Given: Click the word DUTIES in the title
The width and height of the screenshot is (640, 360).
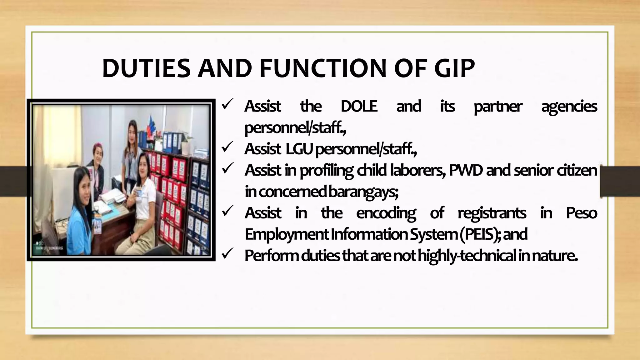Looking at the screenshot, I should pos(146,68).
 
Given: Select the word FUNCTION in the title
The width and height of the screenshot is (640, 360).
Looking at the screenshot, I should pos(323,68).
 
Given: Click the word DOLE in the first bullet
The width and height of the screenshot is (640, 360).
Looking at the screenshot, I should pos(359,106).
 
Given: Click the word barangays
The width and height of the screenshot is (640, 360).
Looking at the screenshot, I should pos(363,192).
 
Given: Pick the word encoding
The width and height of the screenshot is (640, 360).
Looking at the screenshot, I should pos(386,213).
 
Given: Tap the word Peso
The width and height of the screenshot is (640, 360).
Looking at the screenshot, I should pos(581,213).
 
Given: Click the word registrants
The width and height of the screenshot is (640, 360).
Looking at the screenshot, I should pos(492,213).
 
